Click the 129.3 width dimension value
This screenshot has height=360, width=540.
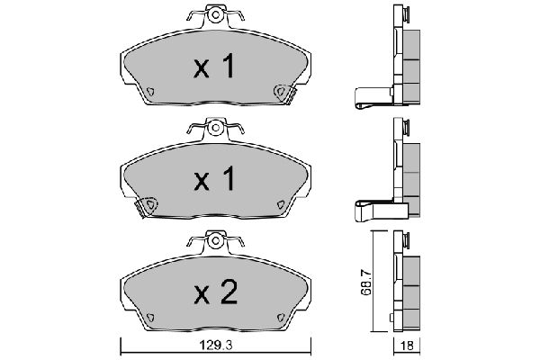tap(216, 345)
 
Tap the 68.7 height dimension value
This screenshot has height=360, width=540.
tap(366, 283)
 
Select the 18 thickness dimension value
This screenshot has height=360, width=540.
tap(407, 346)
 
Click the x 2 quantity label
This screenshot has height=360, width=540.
tap(216, 292)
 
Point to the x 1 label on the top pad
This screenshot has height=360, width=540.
tap(214, 66)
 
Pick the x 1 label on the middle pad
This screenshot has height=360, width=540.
tap(214, 178)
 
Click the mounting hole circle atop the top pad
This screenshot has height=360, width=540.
tap(216, 14)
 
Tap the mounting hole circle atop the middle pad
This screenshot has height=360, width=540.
tap(216, 128)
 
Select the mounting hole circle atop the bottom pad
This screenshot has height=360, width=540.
tap(216, 240)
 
